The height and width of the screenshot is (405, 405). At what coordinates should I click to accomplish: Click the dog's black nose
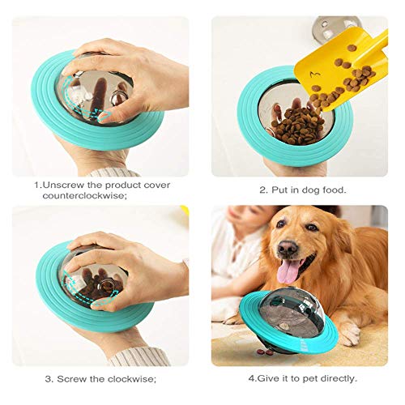[x=288, y=248]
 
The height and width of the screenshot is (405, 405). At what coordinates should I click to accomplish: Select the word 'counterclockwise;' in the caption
[x=84, y=196]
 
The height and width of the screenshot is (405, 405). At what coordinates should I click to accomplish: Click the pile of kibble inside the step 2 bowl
[x=297, y=126]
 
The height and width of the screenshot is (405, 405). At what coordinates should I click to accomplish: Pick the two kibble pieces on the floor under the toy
[x=266, y=352]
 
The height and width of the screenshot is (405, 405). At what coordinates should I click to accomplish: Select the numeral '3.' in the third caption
[x=49, y=379]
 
